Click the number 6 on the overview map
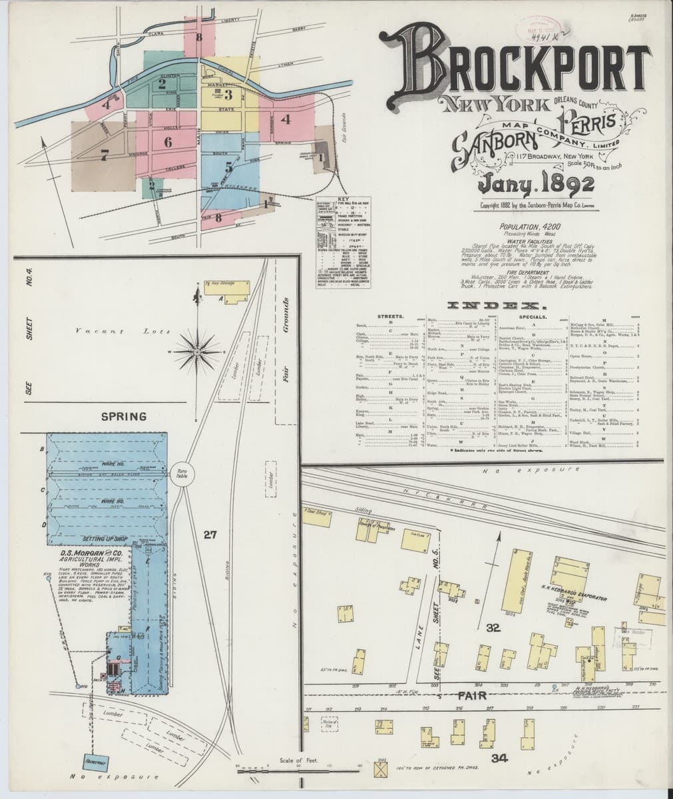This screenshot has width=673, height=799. tap(167, 141)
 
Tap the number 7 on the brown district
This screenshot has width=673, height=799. tap(104, 156)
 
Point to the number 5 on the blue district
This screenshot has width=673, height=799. tap(228, 166)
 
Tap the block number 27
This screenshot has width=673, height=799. tap(210, 533)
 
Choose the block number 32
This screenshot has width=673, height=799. tap(493, 627)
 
